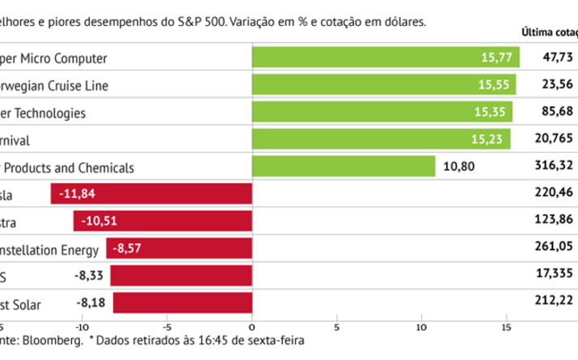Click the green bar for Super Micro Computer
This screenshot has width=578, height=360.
(386, 57)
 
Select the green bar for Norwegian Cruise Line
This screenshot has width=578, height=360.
(384, 84)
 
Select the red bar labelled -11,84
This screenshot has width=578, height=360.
(151, 195)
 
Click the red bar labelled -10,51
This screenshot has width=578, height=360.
(162, 222)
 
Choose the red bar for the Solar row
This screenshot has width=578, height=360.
(183, 303)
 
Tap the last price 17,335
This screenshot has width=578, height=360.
(555, 277)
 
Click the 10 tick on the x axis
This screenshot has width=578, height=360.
(421, 327)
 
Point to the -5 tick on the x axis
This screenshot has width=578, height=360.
(167, 327)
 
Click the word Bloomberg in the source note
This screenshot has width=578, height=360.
(55, 341)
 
